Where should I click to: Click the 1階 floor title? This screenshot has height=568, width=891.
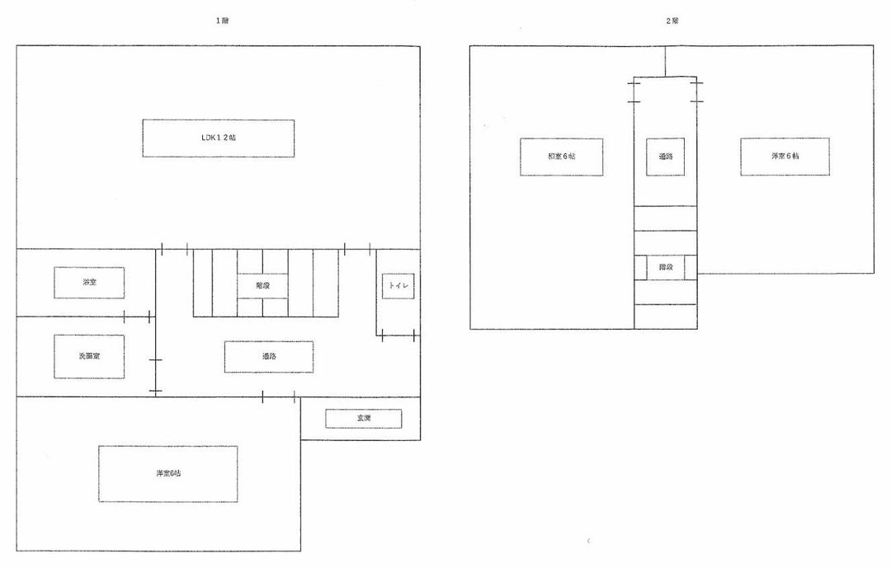pos(222,21)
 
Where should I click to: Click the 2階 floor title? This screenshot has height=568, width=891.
pos(672,21)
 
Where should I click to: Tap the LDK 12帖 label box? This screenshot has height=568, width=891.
pos(218,138)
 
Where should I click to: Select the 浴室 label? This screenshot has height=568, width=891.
pos(89,283)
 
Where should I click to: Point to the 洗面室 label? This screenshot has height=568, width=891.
pos(89,356)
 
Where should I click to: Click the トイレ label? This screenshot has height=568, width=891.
pos(398,286)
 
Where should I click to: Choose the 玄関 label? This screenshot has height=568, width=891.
pos(363,419)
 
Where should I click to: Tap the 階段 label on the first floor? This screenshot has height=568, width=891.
pos(262,286)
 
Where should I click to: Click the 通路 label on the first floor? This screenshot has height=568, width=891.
pos(268,357)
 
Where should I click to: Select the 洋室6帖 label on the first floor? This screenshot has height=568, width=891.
pos(167,474)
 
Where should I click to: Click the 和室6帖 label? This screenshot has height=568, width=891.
pos(561,157)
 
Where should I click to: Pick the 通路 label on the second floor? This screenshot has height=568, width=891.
pos(665,157)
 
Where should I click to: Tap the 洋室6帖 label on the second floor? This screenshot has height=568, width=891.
pos(785,157)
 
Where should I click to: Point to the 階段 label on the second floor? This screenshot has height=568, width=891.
pos(665,267)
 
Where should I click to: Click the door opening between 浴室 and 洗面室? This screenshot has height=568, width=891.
pos(137,317)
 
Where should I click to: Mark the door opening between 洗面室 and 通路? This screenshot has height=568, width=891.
pos(156,375)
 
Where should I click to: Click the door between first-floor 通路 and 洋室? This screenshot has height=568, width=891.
pos(278,397)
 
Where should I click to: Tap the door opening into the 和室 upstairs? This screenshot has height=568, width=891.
pos(634,91)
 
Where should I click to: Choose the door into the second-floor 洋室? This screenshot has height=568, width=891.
pos(697,92)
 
